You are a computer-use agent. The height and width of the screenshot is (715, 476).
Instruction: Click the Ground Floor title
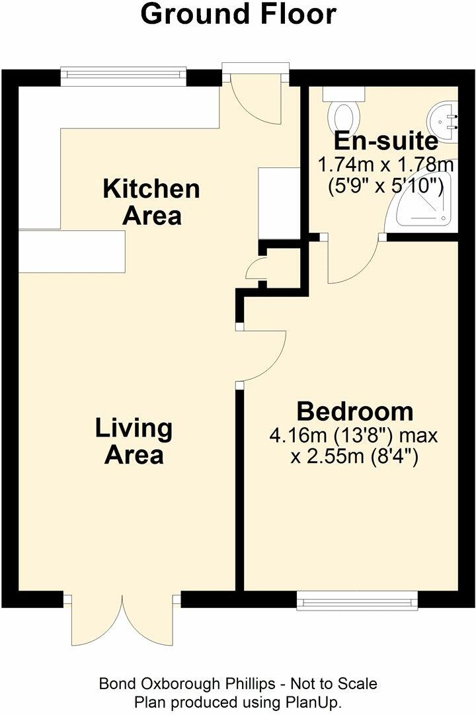click(238, 15)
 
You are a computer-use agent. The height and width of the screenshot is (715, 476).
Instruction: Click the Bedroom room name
click(354, 411)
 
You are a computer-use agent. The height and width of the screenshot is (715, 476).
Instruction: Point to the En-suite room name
click(385, 141)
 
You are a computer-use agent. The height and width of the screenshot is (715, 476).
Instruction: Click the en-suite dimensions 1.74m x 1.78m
click(385, 163)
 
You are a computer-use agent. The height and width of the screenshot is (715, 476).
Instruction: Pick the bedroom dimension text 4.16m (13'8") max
click(354, 436)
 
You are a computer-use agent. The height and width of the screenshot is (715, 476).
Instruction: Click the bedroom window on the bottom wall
click(358, 600)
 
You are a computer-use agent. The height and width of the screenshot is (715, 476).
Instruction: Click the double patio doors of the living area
click(123, 619)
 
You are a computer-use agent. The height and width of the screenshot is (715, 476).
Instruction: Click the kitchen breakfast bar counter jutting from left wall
click(71, 251)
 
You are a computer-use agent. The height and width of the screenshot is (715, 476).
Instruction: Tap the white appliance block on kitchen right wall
click(278, 203)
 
